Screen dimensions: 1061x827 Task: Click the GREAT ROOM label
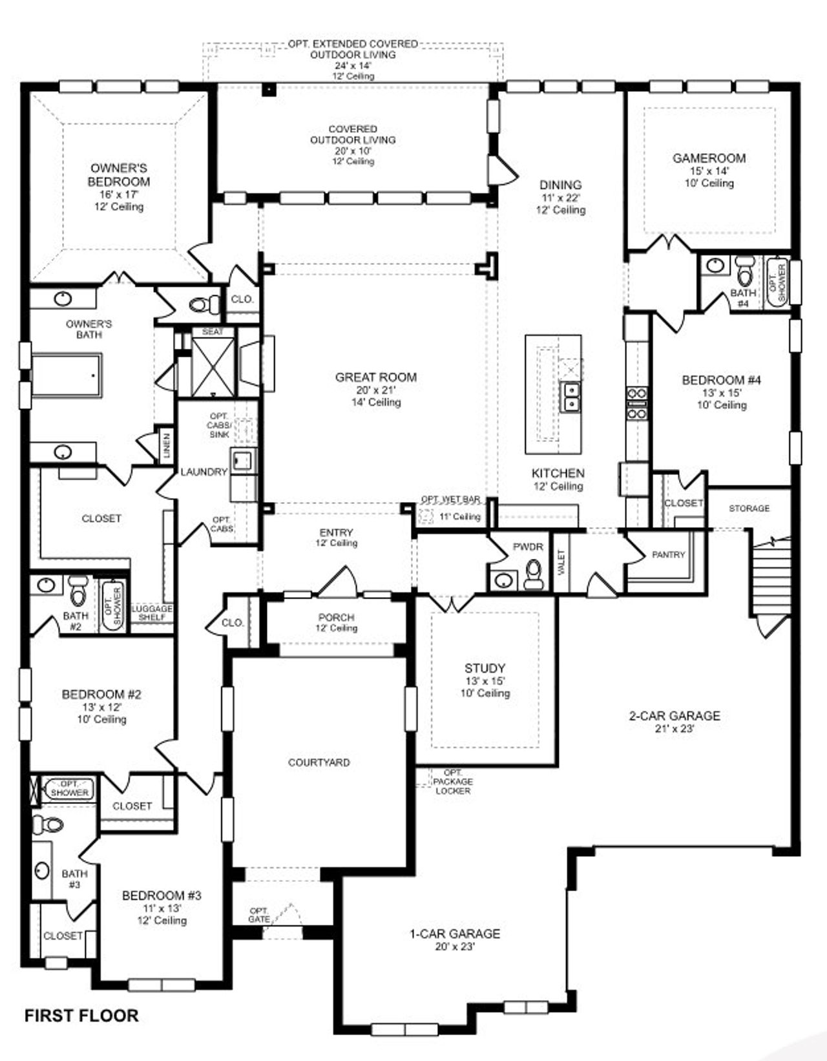coord(375,377)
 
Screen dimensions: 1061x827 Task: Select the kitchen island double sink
coord(571,396)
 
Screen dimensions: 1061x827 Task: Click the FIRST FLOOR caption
coord(81,1016)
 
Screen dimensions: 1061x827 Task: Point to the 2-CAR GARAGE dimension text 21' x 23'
coord(675,729)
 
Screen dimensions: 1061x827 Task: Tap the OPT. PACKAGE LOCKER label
coord(452,782)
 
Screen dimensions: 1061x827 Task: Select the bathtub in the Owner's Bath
coord(66,375)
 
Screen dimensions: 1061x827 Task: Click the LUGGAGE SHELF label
coord(152,613)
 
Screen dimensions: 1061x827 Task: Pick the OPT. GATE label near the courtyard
coord(259,915)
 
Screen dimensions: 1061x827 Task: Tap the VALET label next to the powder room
coord(561,560)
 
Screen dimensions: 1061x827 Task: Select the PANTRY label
coord(668,554)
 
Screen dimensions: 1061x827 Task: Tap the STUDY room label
coord(485,668)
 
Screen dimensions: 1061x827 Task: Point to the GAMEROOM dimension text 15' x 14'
coord(709,171)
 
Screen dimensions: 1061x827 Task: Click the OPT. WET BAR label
coord(450,499)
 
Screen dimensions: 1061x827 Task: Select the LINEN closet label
coord(167,445)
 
